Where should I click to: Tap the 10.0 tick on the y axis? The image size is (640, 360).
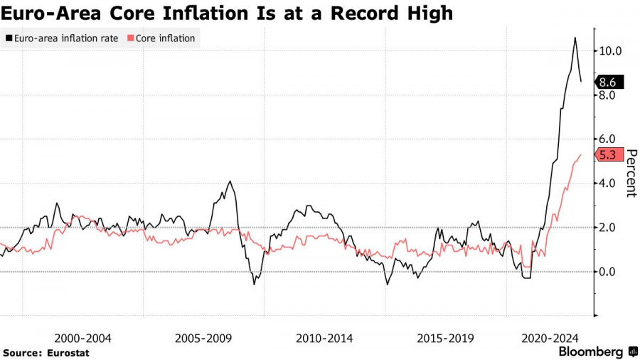(610, 51)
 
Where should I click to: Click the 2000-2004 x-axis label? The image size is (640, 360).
(82, 338)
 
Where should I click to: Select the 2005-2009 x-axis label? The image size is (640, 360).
(204, 338)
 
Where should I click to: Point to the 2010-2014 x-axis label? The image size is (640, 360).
(325, 338)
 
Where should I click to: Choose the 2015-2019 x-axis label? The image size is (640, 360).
(446, 338)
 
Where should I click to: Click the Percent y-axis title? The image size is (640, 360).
(631, 173)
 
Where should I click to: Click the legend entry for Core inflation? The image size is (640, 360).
(164, 38)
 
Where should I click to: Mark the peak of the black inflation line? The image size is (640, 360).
(575, 38)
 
